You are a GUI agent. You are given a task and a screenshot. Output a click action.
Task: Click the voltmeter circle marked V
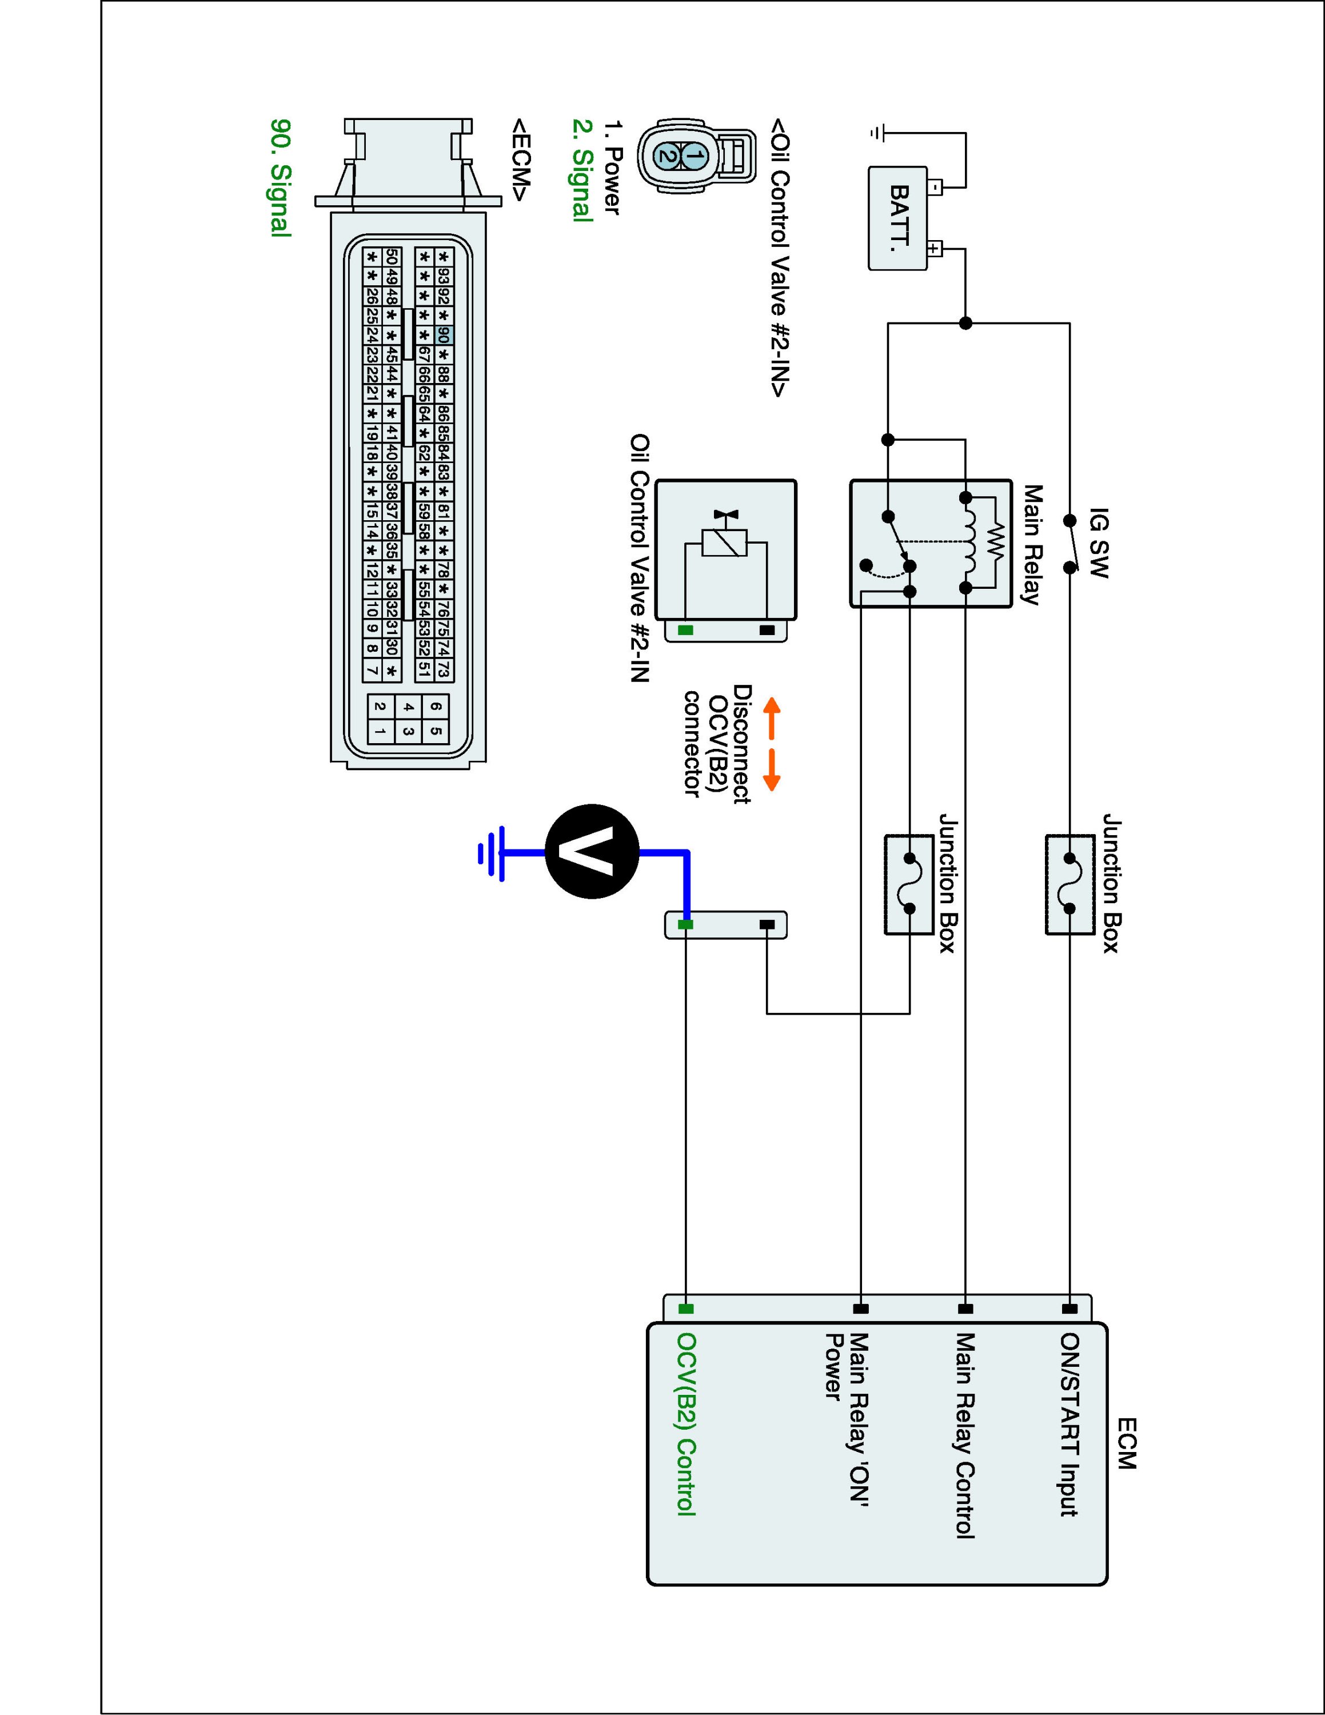(593, 851)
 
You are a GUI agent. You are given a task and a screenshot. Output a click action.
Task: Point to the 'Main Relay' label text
(1031, 544)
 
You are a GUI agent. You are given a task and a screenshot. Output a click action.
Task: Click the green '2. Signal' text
(582, 170)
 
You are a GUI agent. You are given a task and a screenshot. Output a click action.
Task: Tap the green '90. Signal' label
(280, 177)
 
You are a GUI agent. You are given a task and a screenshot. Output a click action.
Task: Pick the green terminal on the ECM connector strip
(685, 1309)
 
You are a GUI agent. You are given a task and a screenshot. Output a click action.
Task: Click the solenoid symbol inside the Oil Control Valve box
(724, 542)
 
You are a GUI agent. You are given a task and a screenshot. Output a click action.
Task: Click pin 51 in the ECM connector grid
(424, 669)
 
